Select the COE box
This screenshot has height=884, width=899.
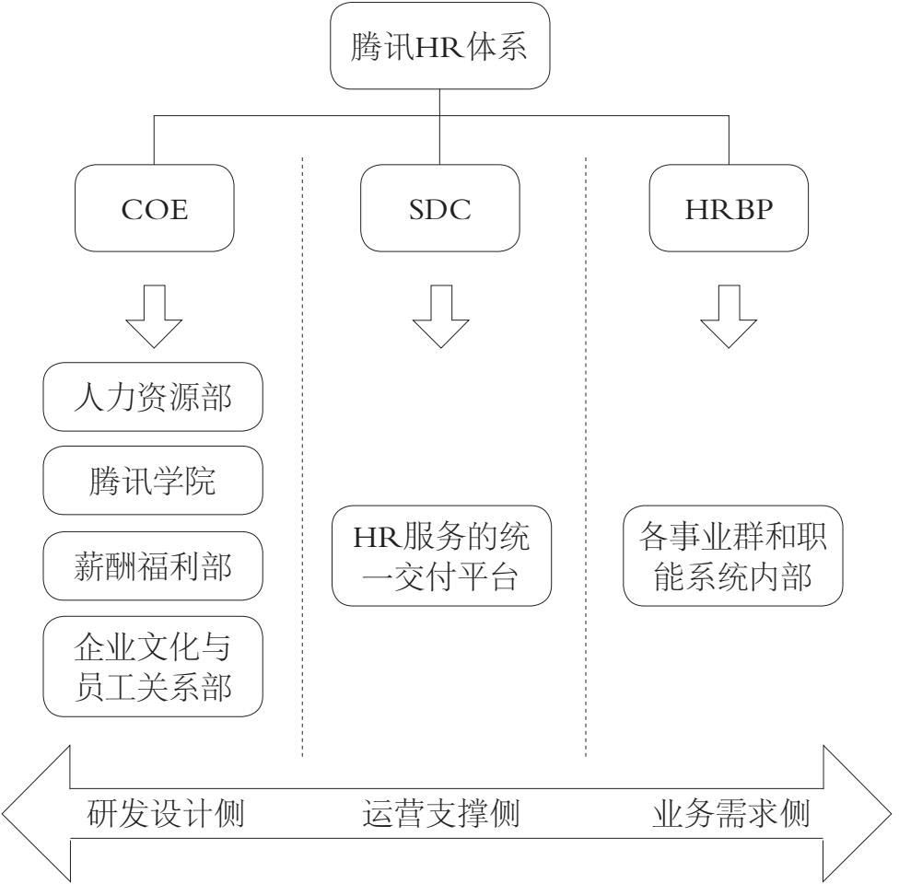[x=153, y=208]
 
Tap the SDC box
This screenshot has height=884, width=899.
[x=439, y=208]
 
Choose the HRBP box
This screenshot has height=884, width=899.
[x=730, y=208]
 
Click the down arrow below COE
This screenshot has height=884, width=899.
[x=153, y=319]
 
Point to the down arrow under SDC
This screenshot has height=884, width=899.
[x=439, y=319]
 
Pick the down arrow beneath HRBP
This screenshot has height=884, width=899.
[x=730, y=319]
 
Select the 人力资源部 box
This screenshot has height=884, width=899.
[x=153, y=397]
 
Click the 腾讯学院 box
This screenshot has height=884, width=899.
[x=153, y=482]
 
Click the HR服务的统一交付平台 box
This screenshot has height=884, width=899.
[x=439, y=555]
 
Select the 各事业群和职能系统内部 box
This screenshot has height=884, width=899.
[x=733, y=555]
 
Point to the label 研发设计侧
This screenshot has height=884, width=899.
[x=166, y=814]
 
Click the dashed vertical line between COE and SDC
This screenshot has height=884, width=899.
[x=303, y=460]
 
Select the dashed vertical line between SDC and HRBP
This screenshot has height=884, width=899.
[x=587, y=460]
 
